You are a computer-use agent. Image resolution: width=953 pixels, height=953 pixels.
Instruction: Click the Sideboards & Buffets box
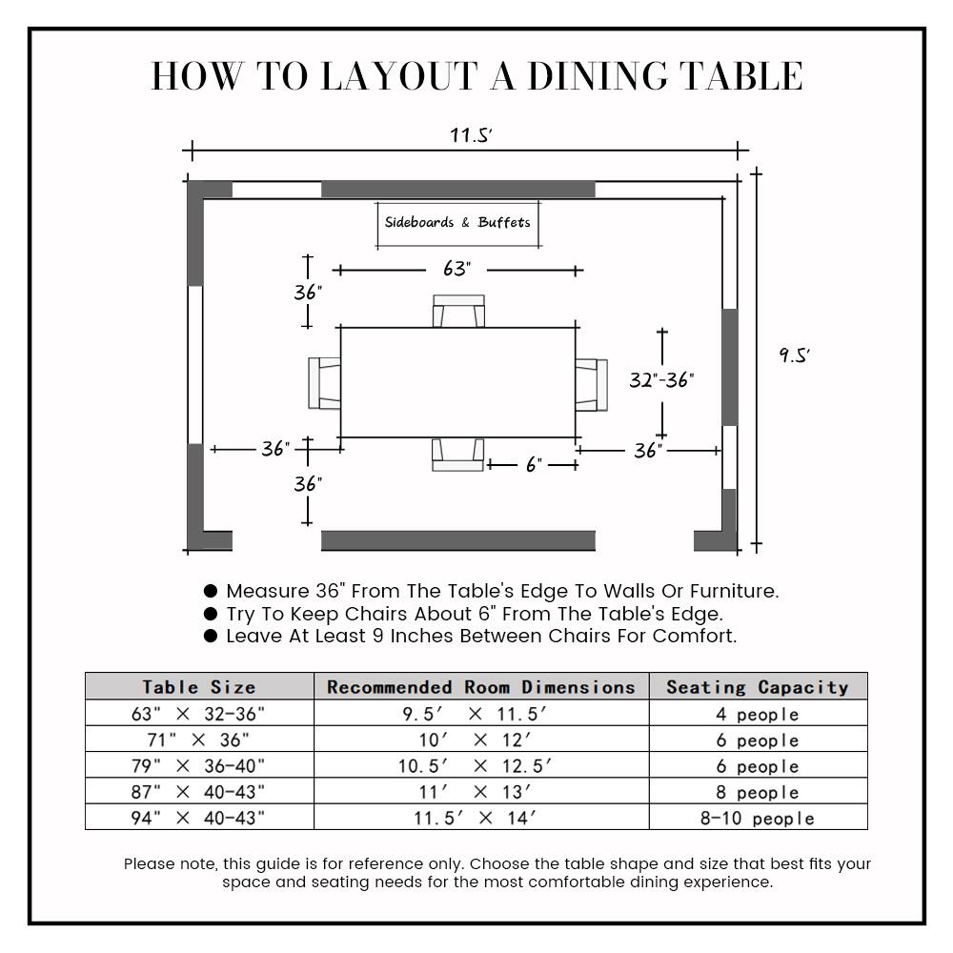coord(457,224)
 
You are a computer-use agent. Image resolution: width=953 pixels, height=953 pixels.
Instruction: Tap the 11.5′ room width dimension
coord(471,135)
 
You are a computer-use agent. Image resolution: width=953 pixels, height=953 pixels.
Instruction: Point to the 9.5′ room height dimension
coord(794,355)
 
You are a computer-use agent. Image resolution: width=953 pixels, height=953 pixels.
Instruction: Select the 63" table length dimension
coord(456,270)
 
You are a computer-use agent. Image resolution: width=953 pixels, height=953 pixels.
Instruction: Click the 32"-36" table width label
coord(661,380)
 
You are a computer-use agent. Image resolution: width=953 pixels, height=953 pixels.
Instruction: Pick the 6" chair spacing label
coord(534,465)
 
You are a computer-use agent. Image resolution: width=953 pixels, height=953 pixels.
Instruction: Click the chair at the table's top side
coord(458,312)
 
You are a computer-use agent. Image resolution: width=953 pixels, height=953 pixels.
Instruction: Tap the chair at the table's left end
coord(325,382)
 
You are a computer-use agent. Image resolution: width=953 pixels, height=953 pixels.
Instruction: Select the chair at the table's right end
coord(591,385)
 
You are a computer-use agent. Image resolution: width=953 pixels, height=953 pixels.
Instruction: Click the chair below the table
coord(457,455)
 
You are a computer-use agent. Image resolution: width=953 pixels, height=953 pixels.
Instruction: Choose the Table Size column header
coord(199,686)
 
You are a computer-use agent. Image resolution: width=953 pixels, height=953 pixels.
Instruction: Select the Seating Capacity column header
coord(758,686)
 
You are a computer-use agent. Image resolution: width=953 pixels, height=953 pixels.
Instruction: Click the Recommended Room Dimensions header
coord(481,686)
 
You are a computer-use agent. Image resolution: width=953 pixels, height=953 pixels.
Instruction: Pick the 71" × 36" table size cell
coord(199,740)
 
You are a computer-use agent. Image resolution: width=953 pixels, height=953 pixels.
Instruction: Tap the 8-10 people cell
coord(758,819)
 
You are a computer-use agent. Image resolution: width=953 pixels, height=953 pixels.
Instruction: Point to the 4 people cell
coord(758,714)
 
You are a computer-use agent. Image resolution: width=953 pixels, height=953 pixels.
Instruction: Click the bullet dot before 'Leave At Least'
coord(211,636)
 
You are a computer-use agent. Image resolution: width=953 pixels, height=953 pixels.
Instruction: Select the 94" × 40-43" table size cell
coord(199,818)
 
